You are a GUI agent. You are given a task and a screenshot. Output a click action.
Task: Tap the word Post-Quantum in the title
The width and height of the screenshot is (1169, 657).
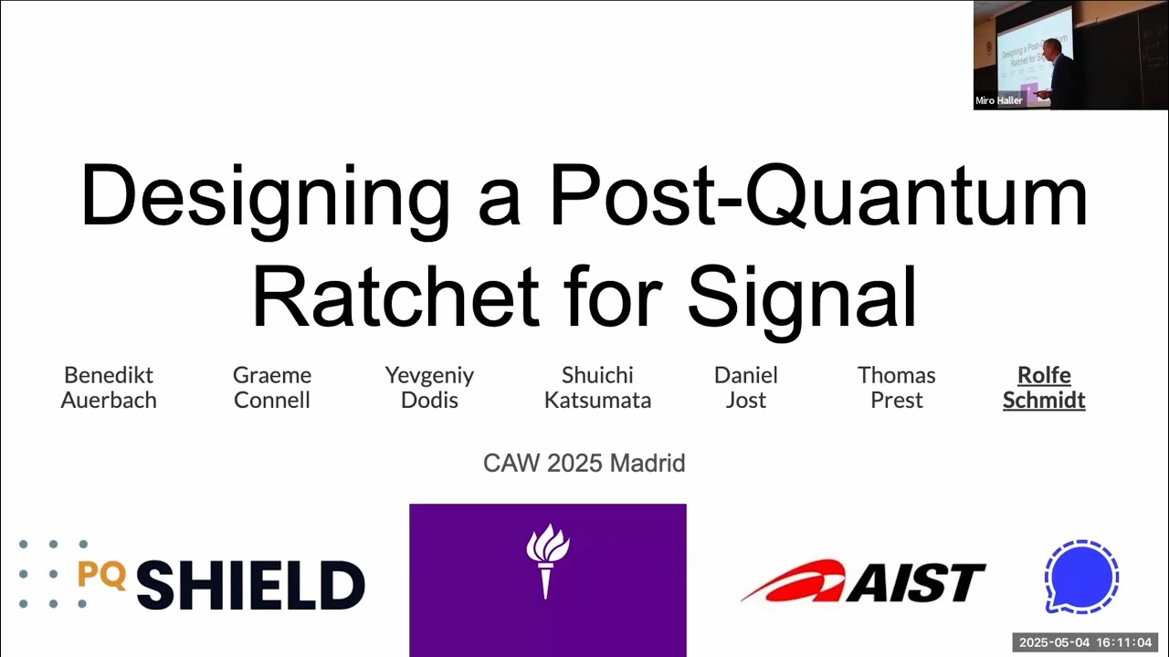click(x=818, y=196)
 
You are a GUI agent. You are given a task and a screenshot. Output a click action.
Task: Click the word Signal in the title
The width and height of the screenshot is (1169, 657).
click(x=802, y=297)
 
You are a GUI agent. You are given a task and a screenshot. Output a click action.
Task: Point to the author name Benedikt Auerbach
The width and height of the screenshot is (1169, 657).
click(x=109, y=388)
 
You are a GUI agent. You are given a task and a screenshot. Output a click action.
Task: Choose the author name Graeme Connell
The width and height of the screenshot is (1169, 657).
click(x=272, y=388)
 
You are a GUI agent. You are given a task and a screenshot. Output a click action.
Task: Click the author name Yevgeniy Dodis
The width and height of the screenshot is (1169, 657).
click(x=429, y=388)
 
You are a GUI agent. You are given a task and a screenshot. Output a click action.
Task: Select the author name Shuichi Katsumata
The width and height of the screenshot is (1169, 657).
click(x=597, y=388)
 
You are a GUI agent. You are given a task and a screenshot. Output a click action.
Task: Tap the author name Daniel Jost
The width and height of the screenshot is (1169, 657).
click(x=746, y=388)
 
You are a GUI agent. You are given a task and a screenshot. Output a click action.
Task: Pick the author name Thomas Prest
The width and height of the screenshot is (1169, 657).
click(x=897, y=388)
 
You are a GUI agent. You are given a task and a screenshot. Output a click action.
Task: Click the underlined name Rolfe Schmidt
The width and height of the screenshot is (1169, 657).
click(x=1044, y=388)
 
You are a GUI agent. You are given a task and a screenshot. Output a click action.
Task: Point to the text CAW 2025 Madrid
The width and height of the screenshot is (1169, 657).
click(x=584, y=464)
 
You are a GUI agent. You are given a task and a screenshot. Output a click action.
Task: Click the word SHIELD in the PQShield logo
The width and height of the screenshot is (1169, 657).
click(x=250, y=585)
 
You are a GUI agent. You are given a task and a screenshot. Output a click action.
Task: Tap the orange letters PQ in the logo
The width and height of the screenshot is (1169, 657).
click(x=101, y=574)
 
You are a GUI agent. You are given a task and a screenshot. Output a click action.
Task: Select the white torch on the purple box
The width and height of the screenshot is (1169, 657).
click(x=548, y=559)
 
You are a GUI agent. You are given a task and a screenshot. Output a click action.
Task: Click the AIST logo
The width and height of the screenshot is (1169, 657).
click(x=863, y=581)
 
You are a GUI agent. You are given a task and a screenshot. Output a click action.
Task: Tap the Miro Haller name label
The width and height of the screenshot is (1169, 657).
click(x=999, y=100)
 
